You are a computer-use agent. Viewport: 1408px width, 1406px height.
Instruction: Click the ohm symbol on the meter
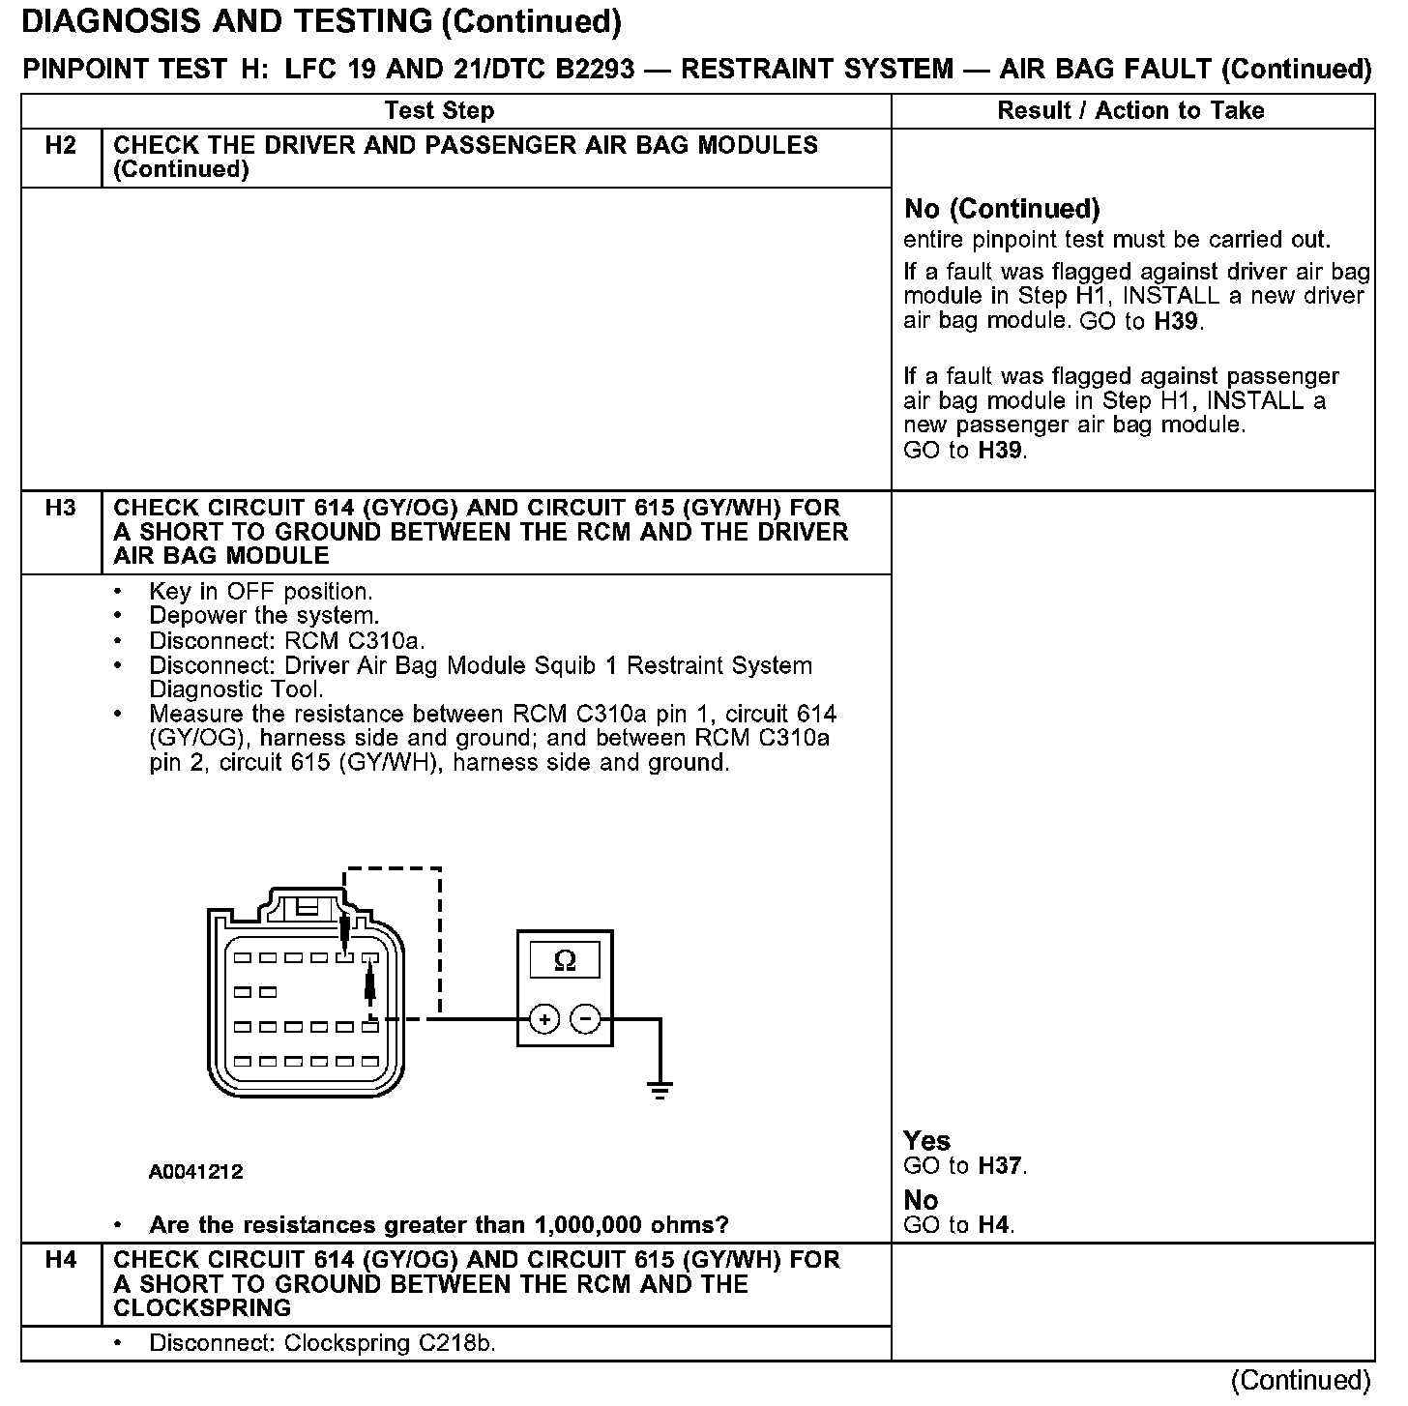click(x=565, y=960)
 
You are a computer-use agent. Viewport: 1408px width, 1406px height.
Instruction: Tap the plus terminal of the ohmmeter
click(x=544, y=1019)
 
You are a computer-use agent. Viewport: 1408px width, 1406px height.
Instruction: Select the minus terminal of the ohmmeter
click(x=585, y=1019)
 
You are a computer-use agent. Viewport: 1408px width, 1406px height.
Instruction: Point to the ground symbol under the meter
click(x=660, y=1090)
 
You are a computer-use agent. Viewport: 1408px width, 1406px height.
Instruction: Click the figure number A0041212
click(x=195, y=1172)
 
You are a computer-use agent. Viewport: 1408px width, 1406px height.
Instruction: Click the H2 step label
click(x=60, y=146)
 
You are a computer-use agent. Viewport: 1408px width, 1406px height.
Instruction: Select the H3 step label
click(x=60, y=508)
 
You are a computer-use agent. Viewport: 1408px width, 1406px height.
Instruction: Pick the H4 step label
click(x=60, y=1260)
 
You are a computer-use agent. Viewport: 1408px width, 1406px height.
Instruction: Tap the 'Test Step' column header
click(x=439, y=111)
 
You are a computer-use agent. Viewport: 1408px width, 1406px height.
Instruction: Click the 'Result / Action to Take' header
click(x=1130, y=111)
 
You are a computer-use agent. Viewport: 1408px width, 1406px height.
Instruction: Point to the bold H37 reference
click(x=1000, y=1166)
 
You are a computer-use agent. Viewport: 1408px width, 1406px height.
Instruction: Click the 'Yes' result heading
click(x=926, y=1141)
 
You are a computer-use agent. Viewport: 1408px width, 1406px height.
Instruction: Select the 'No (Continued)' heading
click(x=1001, y=209)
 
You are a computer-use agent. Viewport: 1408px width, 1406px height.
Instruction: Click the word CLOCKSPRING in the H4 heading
click(x=202, y=1308)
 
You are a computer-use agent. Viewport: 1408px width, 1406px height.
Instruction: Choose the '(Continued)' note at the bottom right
click(x=1301, y=1380)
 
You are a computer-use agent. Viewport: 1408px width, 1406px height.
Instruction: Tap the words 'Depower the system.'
click(x=264, y=616)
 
